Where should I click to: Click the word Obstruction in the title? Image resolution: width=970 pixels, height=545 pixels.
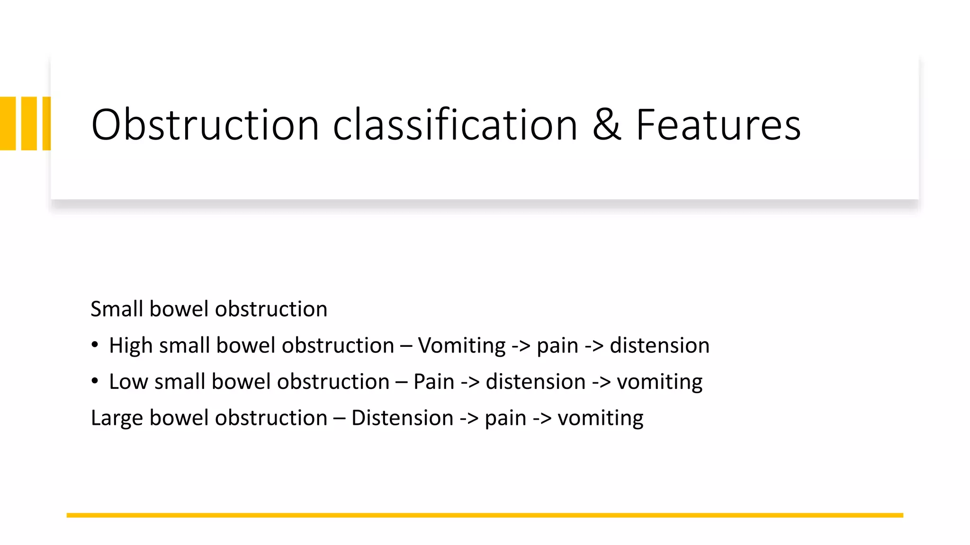click(x=205, y=125)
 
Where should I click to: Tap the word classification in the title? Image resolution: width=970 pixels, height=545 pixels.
click(x=455, y=125)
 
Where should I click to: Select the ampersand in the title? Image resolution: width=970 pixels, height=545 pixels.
click(x=606, y=125)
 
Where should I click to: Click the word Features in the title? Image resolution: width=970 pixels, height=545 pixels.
click(x=718, y=125)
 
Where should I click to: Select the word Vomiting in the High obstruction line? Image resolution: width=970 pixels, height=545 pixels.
click(x=462, y=345)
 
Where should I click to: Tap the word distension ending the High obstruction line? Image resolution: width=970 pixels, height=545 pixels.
click(x=659, y=345)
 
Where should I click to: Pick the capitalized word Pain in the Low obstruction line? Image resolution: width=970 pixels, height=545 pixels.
click(x=433, y=382)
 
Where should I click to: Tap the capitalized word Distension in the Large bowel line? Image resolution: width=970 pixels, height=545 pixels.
click(x=402, y=418)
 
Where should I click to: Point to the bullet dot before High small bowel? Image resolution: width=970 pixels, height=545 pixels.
click(x=95, y=345)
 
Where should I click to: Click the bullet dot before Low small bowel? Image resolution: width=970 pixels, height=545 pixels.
click(x=95, y=381)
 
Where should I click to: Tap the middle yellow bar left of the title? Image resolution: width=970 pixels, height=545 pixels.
click(x=29, y=123)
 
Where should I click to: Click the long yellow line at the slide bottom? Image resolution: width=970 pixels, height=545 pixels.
click(x=485, y=515)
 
